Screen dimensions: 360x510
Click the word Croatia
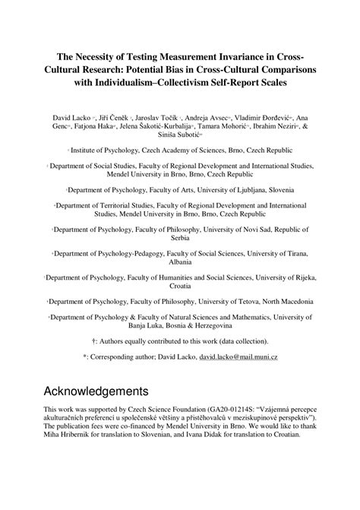point(180,287)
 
